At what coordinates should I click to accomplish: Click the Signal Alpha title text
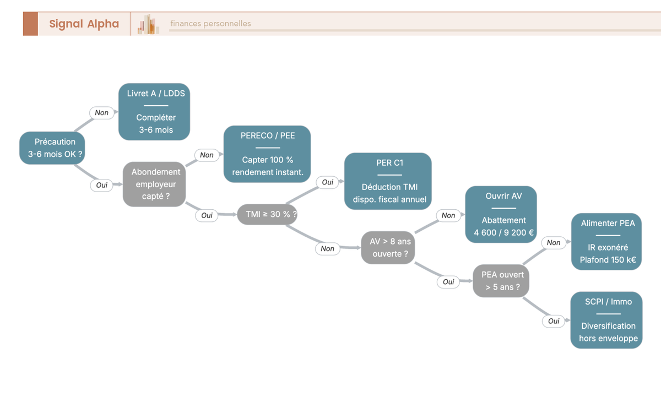[84, 24]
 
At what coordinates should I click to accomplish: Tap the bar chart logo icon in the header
[148, 24]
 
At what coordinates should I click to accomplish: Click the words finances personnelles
[210, 23]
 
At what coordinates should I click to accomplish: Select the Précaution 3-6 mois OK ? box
[52, 148]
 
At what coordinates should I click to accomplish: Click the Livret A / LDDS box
[154, 111]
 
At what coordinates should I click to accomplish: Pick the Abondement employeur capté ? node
[154, 184]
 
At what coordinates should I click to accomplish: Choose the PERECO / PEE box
[267, 154]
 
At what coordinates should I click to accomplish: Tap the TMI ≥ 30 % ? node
[267, 214]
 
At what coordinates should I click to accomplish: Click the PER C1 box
[388, 181]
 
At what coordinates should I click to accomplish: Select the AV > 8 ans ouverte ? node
[388, 247]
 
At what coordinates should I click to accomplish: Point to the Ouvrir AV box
[501, 214]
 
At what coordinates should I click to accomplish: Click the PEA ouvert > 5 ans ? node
[501, 281]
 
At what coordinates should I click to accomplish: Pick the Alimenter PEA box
[606, 242]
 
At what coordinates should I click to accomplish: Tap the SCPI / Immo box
[606, 320]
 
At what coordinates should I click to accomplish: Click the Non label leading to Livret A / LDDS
[102, 113]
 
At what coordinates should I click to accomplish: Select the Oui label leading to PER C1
[328, 182]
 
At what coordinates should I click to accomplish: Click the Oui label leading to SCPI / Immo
[554, 321]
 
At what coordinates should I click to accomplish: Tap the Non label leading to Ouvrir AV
[448, 215]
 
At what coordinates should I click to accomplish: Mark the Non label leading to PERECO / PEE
[207, 155]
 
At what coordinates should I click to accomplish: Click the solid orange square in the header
[30, 24]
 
